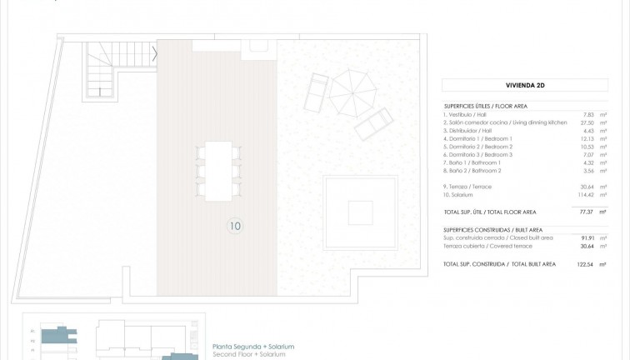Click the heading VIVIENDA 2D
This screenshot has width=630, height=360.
click(525, 84)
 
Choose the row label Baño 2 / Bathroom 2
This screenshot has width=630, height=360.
click(475, 169)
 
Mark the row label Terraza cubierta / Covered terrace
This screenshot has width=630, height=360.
click(487, 246)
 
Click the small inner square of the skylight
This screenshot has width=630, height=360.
click(360, 211)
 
